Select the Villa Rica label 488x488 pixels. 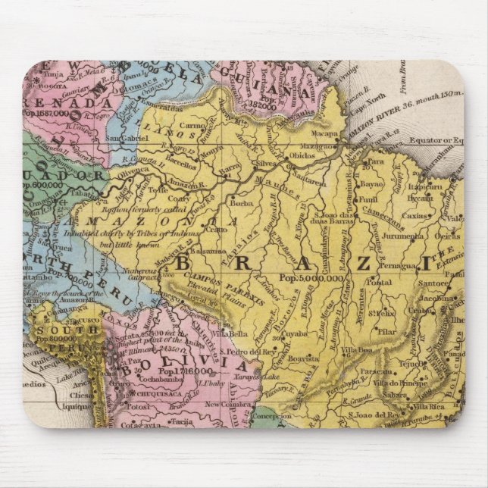426,407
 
